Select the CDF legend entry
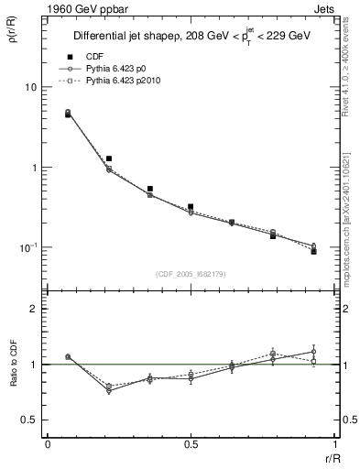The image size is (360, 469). pos(95,57)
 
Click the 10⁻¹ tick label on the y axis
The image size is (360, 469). pos(29,248)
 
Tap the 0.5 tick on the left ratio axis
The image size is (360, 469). pos(30,420)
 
